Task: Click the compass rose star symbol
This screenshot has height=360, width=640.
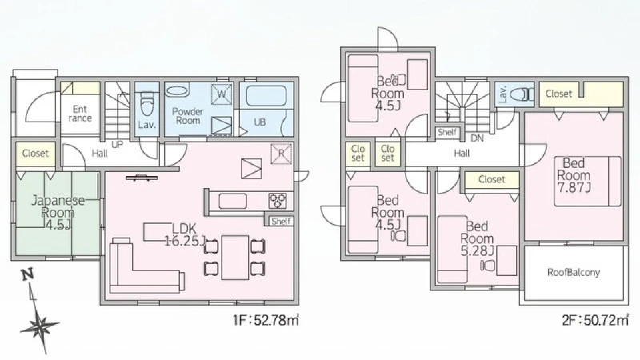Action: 39,326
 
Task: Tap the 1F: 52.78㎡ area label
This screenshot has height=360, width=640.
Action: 266,320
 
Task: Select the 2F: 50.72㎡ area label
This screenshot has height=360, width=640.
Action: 595,320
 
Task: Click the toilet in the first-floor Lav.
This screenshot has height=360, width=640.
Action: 146,105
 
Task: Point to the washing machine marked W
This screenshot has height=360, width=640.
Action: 222,94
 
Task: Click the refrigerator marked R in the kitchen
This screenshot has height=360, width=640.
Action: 282,154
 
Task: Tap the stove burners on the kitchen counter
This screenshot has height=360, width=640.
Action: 278,201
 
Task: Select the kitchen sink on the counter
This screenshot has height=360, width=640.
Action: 233,201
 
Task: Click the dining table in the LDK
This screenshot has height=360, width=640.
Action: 234,258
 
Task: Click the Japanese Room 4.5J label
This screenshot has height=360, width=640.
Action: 58,212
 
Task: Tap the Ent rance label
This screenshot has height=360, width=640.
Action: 80,114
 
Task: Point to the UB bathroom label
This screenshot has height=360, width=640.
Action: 259,122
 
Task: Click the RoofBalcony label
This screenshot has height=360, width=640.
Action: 574,272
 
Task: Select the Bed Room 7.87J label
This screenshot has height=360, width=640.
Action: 574,175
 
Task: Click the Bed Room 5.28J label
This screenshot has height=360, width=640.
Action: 478,238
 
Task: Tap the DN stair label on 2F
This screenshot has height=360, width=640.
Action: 477,138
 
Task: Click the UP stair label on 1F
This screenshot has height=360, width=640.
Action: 117,144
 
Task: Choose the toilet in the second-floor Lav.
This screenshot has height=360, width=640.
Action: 521,94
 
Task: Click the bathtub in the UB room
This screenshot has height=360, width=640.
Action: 266,95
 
